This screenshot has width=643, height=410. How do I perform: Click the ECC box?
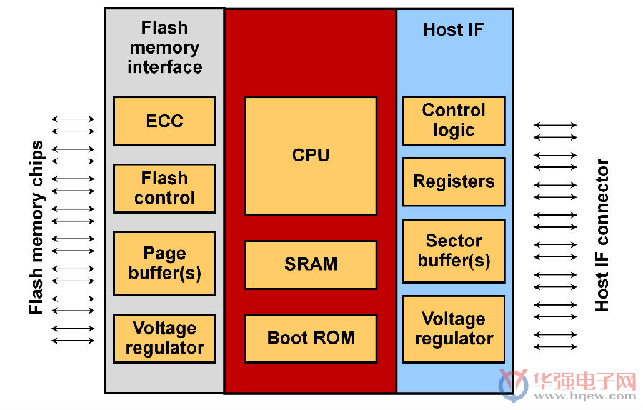tap(164, 121)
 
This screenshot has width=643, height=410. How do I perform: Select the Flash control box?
tap(164, 188)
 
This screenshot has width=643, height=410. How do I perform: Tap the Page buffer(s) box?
tap(164, 264)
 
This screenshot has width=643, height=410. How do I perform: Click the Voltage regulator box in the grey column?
tap(164, 339)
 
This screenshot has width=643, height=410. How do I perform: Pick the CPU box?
tap(311, 156)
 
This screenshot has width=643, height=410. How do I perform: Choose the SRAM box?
tap(311, 265)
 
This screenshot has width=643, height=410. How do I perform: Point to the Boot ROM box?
tap(311, 339)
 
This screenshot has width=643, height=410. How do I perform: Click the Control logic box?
tap(454, 121)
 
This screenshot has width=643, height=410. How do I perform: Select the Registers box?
tap(454, 181)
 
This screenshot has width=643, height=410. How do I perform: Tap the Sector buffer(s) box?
tap(454, 251)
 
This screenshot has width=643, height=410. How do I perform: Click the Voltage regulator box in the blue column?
tap(454, 329)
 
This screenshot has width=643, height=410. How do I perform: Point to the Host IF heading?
tap(454, 29)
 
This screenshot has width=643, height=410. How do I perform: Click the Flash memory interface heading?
tap(164, 47)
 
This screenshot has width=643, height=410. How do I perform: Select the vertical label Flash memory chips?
tap(36, 227)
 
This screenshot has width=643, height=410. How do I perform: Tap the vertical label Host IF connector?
tap(602, 235)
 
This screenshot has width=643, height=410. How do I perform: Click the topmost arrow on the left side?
tap(73, 119)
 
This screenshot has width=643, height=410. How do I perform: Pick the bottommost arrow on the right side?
tap(555, 347)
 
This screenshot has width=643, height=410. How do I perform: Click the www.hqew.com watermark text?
tap(584, 396)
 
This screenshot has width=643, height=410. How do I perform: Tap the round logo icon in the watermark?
tap(514, 384)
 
